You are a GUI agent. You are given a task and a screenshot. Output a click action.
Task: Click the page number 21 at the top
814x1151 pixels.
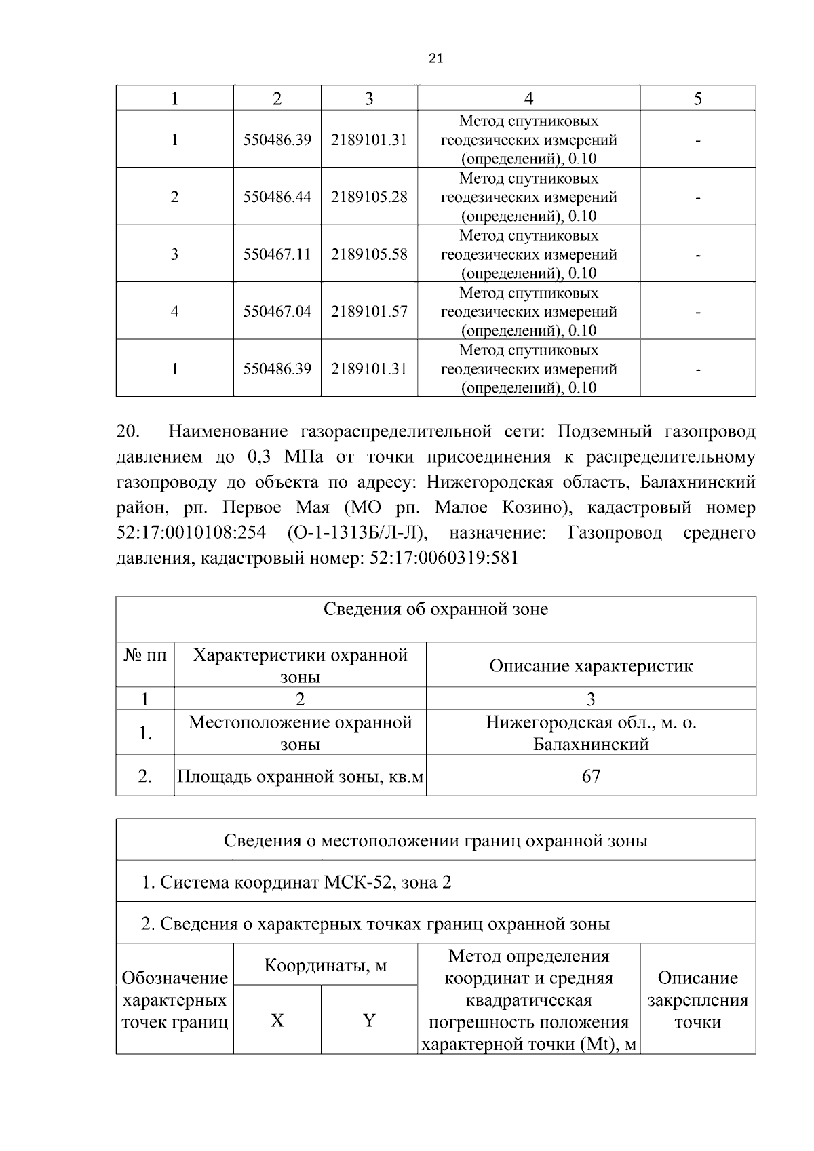coord(436,59)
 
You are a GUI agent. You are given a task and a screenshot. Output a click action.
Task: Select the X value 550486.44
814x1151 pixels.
coord(277,197)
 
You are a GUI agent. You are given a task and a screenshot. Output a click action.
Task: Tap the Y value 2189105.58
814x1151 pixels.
coord(369,254)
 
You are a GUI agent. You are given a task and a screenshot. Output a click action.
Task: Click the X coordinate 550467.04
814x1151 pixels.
coord(277,311)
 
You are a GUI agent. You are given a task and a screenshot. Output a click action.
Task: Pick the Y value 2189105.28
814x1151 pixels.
coord(369,197)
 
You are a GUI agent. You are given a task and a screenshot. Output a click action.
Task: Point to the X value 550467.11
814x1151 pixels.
coord(277,254)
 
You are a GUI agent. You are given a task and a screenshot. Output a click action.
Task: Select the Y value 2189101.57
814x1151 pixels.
coord(369,311)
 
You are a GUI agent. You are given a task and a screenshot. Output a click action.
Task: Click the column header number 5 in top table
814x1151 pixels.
coord(697,99)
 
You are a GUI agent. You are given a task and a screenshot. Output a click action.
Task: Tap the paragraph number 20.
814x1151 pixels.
coord(128,432)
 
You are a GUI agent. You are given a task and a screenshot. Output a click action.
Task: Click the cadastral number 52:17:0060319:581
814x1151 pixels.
coord(444,558)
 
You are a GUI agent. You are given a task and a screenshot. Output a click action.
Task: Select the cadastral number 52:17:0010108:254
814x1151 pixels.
coord(191,533)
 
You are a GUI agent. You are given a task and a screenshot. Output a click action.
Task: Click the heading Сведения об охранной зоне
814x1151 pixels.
coord(435,609)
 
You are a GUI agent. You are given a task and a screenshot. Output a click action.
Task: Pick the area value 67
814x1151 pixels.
coord(591,776)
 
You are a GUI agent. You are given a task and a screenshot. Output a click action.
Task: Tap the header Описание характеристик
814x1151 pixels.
coord(591,666)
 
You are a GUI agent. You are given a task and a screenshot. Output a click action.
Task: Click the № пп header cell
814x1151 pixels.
coord(145,656)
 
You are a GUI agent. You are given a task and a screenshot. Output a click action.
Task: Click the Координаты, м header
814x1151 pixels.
coord(326,965)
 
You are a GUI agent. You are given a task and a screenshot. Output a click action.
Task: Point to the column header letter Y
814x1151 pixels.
coord(369,1021)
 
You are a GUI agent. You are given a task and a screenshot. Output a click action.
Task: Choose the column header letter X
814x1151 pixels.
coord(277,1021)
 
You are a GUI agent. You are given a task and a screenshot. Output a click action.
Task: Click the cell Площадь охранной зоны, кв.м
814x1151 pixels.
coord(301,777)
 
